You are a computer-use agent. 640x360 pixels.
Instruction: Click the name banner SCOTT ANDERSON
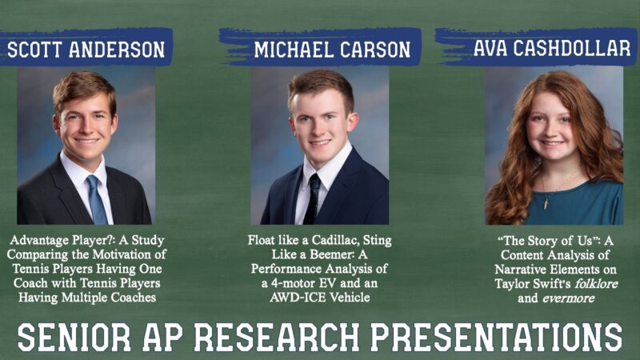coord(86,47)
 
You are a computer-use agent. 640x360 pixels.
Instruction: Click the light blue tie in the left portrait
coord(96,199)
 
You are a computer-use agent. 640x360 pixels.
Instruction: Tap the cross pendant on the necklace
coord(546,204)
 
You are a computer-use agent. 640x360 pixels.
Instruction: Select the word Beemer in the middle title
coord(333,254)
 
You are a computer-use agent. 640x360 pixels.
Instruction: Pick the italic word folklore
coord(596,284)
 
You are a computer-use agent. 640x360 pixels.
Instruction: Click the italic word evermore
coord(568,298)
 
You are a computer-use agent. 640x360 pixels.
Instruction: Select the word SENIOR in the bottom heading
coord(74,337)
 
